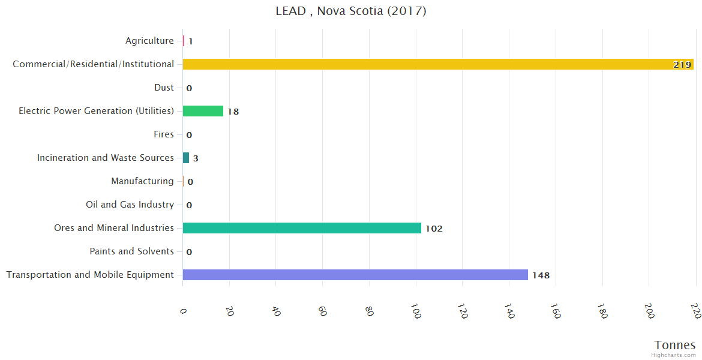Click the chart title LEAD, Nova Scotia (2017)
[351, 11]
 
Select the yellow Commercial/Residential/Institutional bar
[438, 64]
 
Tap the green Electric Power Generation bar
[203, 111]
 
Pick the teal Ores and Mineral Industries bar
[302, 228]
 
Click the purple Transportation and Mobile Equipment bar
[355, 275]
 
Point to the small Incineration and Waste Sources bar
[186, 158]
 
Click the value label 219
[682, 65]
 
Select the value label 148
[541, 275]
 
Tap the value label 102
[434, 229]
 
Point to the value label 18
[233, 112]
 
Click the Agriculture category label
[149, 41]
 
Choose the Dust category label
[164, 88]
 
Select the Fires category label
[164, 134]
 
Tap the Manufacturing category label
[142, 181]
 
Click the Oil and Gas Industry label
[130, 205]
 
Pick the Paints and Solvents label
[131, 251]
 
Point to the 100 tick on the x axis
[415, 311]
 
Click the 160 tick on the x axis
[555, 311]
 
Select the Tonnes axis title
[675, 345]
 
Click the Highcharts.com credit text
[674, 355]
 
